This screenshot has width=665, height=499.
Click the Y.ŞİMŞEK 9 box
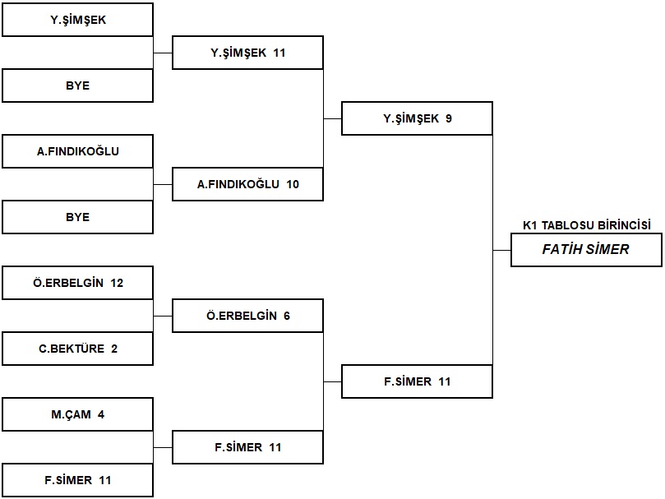[x=417, y=118]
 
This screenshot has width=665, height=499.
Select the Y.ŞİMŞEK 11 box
[x=247, y=53]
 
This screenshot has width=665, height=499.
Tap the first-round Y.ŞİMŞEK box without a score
[x=77, y=20]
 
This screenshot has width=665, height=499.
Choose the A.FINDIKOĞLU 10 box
[x=247, y=184]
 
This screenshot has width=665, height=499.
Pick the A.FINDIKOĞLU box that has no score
[x=77, y=151]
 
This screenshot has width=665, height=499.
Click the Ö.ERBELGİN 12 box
[x=77, y=283]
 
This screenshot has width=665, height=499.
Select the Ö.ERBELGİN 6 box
[x=247, y=316]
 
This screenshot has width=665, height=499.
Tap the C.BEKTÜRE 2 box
[x=77, y=349]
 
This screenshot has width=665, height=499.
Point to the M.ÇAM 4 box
[x=77, y=414]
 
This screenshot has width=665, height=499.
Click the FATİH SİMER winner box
[x=586, y=250]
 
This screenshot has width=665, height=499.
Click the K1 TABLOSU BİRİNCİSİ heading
[x=587, y=225]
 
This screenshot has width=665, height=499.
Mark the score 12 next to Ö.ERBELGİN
[x=117, y=283]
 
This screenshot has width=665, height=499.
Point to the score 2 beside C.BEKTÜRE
[x=114, y=349]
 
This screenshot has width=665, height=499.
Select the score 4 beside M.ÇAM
[x=101, y=414]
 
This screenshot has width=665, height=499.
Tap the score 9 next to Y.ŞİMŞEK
[x=449, y=118]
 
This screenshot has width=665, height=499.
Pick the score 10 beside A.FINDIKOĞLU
[x=293, y=184]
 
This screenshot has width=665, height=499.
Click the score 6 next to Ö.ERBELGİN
[x=287, y=316]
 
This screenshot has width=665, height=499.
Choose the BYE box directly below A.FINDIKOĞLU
[x=77, y=217]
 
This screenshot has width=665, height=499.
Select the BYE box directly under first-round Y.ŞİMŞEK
[x=77, y=85]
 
